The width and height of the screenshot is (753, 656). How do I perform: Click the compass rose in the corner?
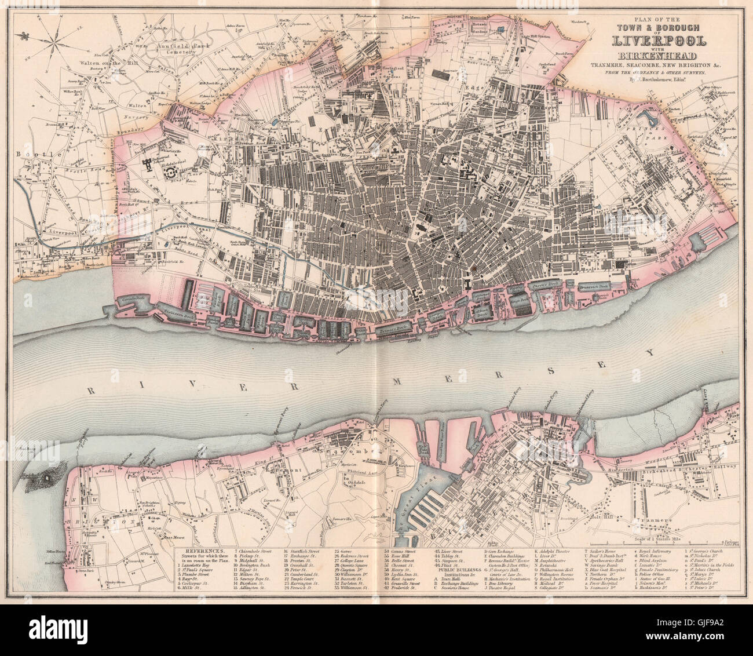pos(52,43)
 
